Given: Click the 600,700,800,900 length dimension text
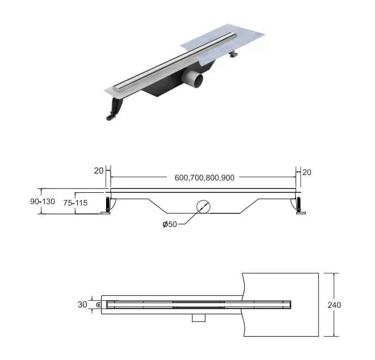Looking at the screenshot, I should (204, 178).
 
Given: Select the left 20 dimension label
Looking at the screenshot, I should (98, 170).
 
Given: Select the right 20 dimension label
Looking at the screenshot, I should (307, 172).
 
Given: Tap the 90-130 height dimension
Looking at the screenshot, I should (43, 201).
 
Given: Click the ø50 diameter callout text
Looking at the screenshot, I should (170, 225).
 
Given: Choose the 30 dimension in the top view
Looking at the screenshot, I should (82, 305).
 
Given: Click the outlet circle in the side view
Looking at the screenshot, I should (203, 207).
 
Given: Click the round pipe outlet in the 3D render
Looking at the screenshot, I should (195, 82).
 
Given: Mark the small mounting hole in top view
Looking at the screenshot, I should (99, 305).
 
